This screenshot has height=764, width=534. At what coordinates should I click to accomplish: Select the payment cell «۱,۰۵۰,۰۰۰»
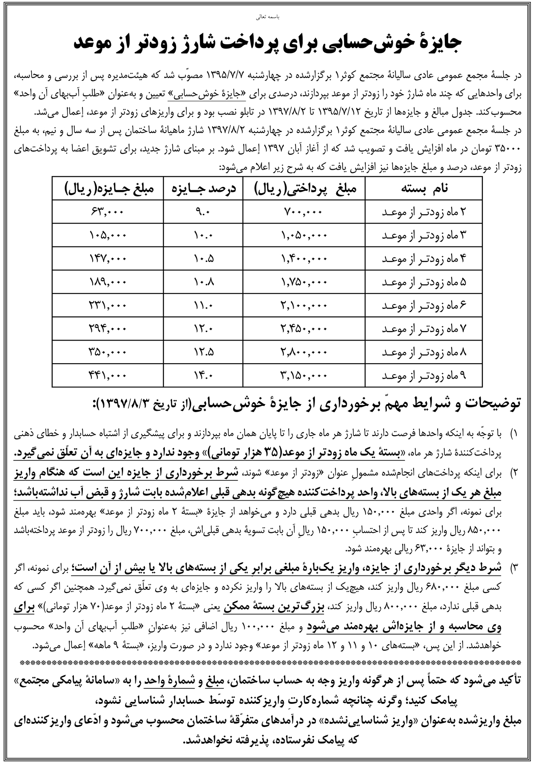pyautogui.click(x=304, y=236)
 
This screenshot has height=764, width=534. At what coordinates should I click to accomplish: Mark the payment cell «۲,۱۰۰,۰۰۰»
pyautogui.click(x=304, y=306)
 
